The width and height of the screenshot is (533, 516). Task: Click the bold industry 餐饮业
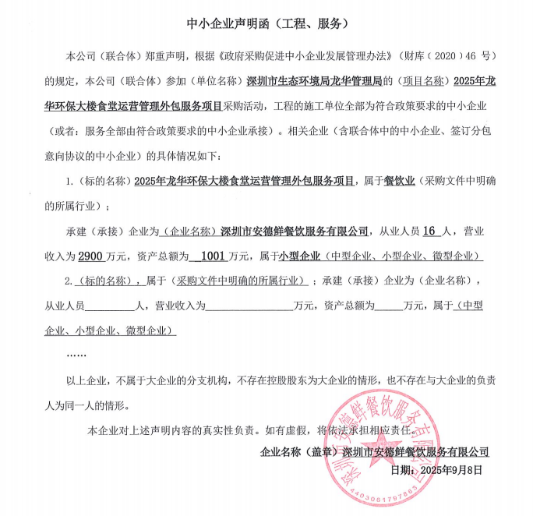399,182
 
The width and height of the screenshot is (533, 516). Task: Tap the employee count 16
430,231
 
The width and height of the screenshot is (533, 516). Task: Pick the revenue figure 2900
90,256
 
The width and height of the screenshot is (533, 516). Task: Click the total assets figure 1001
211,256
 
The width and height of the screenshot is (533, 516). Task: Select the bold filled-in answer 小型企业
300,256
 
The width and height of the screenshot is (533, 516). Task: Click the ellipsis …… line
76,355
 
